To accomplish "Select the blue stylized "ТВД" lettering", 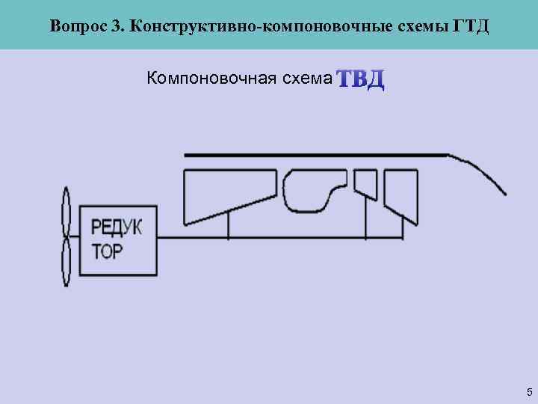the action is pos(361,79).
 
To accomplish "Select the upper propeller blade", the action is pos(66,212).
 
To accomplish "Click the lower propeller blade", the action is pos(66,263).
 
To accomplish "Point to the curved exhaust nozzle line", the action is pos(482,171).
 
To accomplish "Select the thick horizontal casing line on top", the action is pos(314,155).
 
